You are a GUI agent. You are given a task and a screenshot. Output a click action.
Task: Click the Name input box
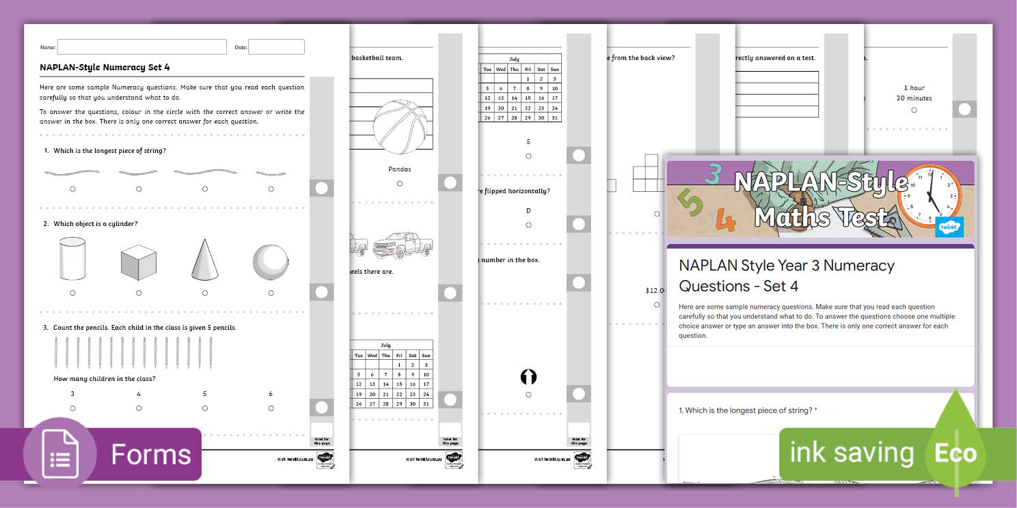(141, 47)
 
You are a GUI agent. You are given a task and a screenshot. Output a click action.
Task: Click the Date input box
(276, 47)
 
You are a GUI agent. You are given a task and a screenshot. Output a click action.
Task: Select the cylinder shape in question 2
(72, 259)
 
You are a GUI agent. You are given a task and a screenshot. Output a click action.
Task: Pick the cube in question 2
(138, 262)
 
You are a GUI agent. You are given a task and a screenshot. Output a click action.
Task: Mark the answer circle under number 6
(271, 408)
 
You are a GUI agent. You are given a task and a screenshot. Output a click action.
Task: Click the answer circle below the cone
(204, 293)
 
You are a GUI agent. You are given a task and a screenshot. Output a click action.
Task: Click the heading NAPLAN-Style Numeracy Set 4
(105, 67)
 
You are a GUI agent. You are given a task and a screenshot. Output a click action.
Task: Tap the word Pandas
(400, 169)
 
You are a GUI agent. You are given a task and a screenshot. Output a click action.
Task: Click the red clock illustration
(930, 197)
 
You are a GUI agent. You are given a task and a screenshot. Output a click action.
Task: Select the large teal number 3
(712, 175)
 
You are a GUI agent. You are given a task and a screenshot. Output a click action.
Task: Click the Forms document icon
(59, 455)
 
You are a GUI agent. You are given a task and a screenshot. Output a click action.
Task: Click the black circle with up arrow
(528, 377)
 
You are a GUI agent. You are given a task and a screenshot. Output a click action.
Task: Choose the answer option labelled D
(528, 211)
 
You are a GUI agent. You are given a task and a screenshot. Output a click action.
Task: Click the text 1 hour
(914, 88)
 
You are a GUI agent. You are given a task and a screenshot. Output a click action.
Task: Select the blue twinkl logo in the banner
(950, 227)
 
